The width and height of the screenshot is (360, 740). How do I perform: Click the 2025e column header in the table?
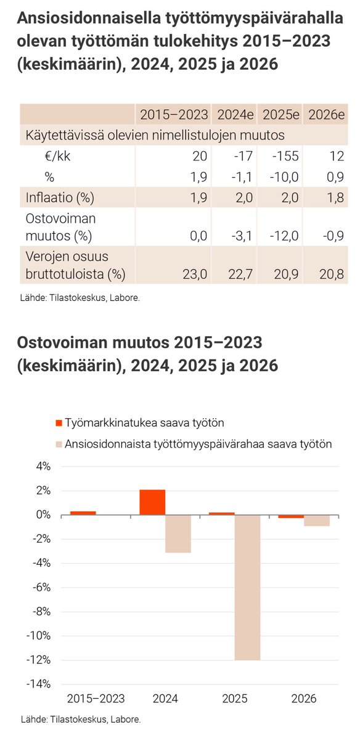280,115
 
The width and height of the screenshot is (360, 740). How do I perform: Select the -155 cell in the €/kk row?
284,157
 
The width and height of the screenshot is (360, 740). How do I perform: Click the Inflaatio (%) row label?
59,198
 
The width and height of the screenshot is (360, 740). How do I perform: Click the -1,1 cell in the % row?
239,178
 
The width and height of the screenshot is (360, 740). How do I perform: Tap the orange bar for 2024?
152,502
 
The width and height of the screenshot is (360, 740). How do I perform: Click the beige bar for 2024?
178,533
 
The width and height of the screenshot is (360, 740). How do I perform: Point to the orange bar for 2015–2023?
83,512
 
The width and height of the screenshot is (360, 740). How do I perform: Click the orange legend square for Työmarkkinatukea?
59,423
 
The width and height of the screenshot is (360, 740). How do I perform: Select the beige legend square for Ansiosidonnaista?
59,443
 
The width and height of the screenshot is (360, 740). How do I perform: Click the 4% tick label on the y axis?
43,467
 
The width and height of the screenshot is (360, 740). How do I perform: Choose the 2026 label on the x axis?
303,699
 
